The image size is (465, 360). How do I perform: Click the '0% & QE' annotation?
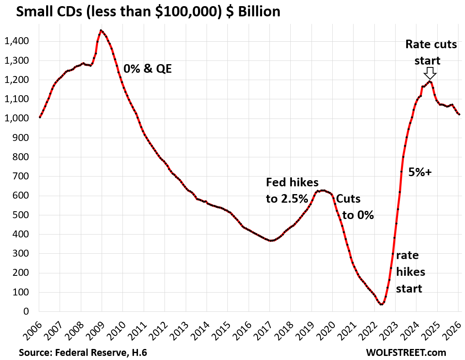147,69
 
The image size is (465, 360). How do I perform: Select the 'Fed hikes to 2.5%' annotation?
292,190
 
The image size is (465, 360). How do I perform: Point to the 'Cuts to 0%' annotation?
354,207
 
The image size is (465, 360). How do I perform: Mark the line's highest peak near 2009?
101,31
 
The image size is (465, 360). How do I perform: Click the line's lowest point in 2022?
381,304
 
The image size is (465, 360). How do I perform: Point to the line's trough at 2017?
271,241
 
